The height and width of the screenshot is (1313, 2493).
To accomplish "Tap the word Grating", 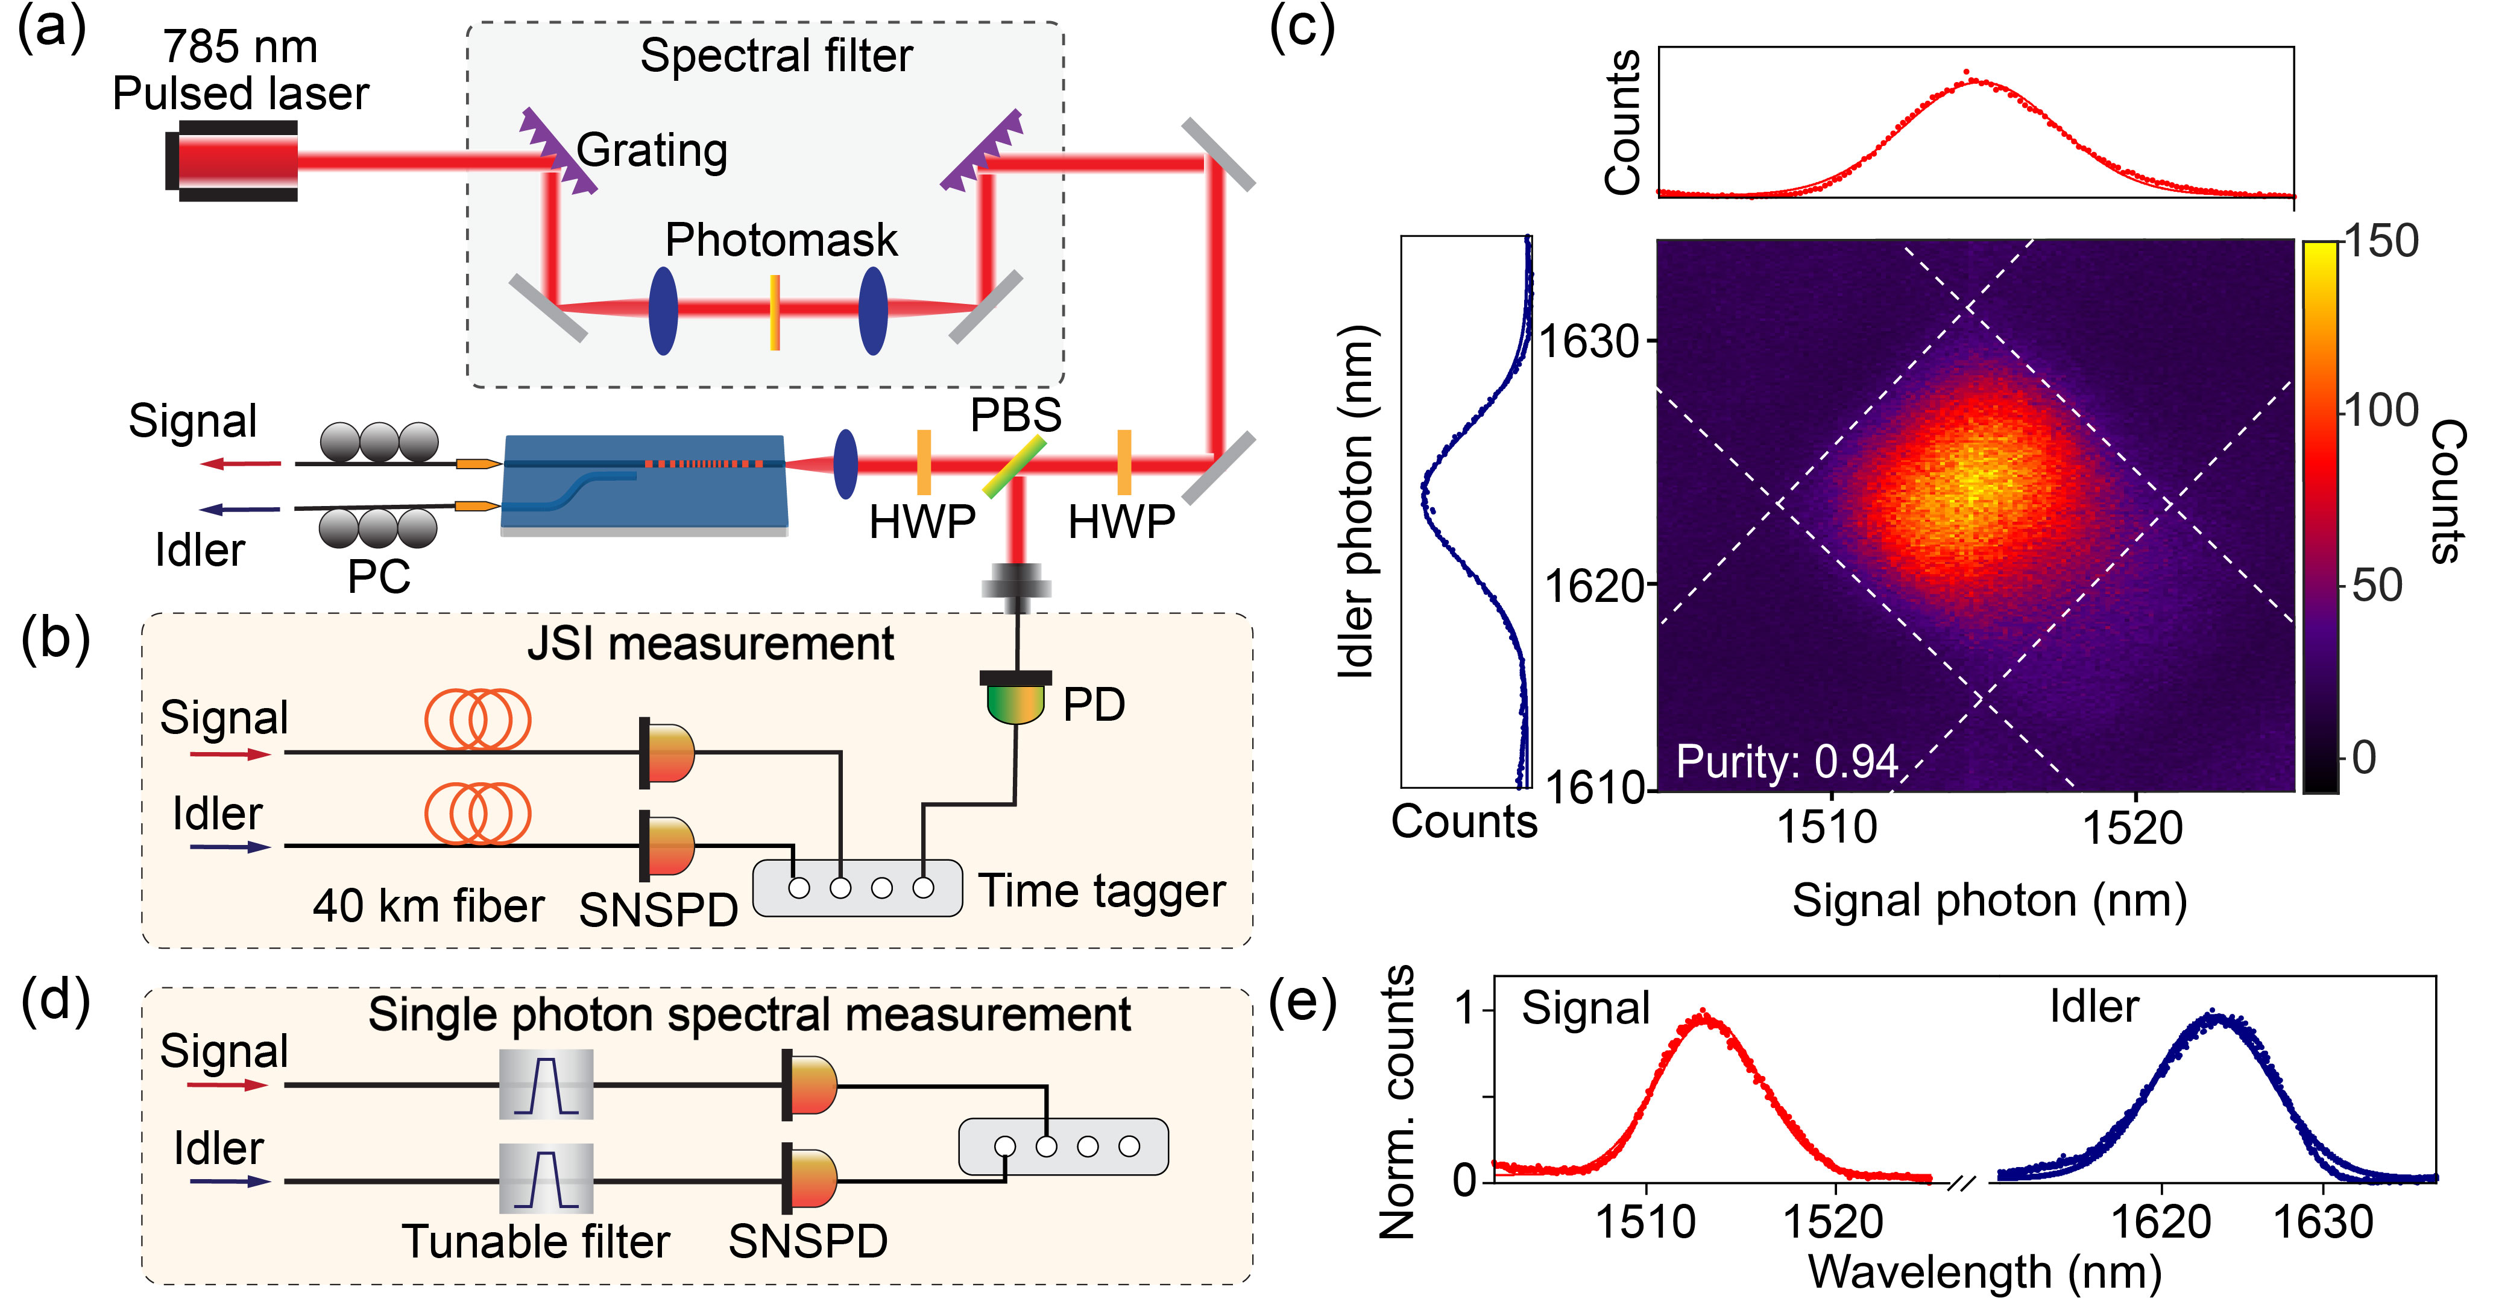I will click(652, 151).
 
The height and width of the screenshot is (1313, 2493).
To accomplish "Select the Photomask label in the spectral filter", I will click(781, 240).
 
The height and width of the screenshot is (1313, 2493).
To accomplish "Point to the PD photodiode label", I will click(1094, 705).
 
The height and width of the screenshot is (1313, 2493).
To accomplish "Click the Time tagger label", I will click(1102, 891).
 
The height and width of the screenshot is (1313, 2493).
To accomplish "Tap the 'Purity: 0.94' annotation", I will click(1786, 761).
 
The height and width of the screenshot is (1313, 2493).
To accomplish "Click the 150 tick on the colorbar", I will click(2381, 242).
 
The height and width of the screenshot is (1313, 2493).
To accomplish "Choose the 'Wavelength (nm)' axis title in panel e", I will click(1984, 1273).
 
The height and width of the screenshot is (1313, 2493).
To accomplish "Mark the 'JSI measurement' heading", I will click(710, 645).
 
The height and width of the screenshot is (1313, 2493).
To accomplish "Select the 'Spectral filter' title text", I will click(776, 56).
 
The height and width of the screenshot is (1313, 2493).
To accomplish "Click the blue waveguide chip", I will click(643, 484).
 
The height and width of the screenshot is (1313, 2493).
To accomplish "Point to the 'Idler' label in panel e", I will click(2093, 1007).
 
